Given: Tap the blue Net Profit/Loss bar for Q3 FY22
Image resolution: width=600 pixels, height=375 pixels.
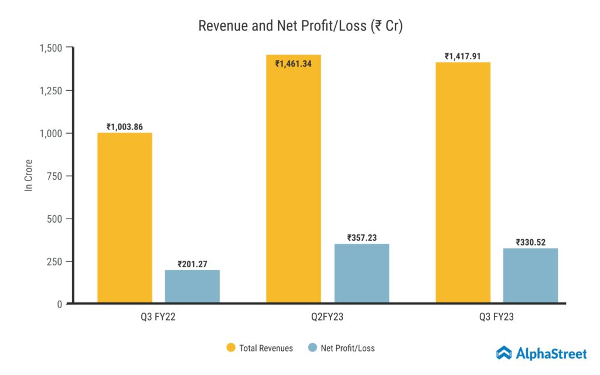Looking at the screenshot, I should [x=192, y=287].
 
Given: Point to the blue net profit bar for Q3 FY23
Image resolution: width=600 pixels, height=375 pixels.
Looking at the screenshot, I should [x=530, y=276].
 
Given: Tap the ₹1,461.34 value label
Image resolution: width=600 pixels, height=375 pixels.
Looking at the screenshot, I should [x=294, y=63].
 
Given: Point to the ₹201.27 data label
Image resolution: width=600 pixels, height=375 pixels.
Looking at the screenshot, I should [x=192, y=264].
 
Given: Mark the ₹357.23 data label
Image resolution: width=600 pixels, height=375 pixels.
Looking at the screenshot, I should [x=362, y=238].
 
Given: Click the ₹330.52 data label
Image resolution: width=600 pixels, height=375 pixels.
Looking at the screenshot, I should [x=530, y=242].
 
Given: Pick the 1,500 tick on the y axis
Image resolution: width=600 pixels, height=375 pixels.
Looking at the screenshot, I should [x=52, y=47].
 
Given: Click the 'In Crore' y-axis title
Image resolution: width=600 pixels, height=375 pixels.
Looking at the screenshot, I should [x=28, y=175].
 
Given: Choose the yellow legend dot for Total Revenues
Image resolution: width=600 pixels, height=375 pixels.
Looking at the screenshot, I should [x=231, y=348].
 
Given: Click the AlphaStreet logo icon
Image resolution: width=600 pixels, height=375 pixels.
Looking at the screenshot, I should [x=504, y=353].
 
